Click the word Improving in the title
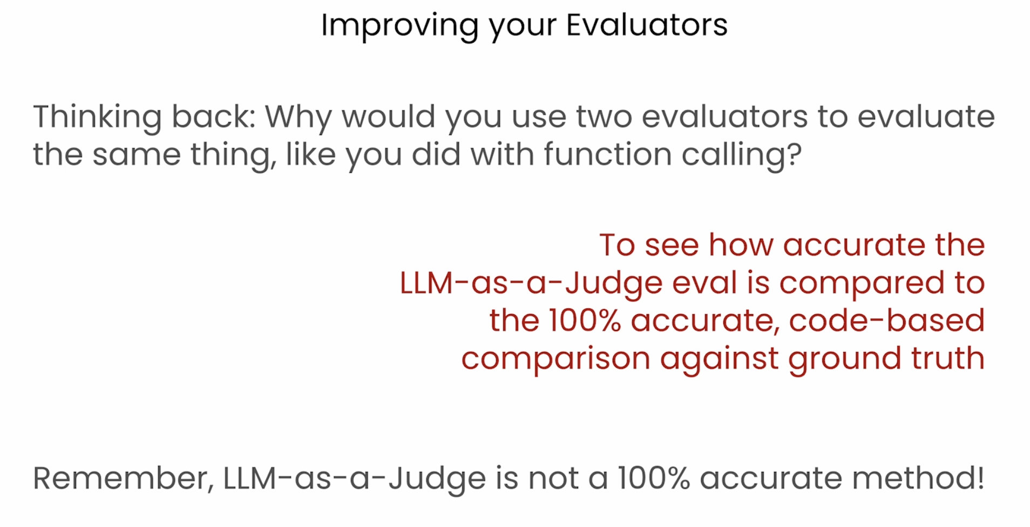click(399, 25)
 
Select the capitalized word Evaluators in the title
click(647, 25)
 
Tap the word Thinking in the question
click(97, 117)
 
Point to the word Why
click(298, 117)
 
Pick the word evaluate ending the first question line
click(926, 117)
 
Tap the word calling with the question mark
click(742, 155)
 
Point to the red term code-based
click(887, 320)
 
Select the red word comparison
click(556, 359)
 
